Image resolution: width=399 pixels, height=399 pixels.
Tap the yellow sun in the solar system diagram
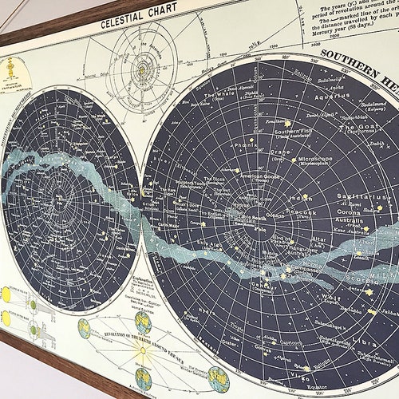[142, 69]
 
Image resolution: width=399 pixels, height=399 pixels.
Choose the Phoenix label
[247, 145]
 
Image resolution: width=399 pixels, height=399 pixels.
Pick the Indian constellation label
[300, 197]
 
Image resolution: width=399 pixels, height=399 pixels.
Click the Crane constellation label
[279, 149]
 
